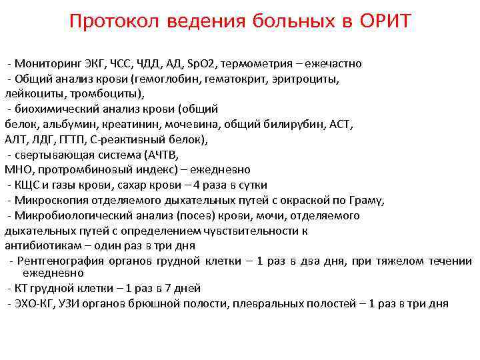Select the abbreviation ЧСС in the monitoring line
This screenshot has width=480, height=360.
pyautogui.click(x=123, y=64)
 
